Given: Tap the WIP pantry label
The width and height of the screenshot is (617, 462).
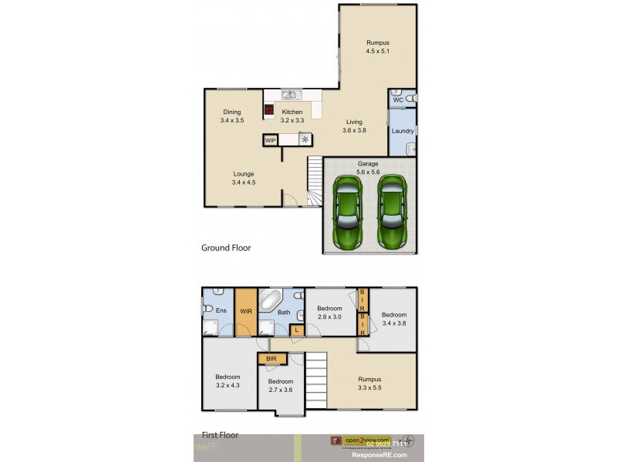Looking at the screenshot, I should click(x=271, y=141).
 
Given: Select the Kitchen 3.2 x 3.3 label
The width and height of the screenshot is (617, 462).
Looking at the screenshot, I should click(x=292, y=116).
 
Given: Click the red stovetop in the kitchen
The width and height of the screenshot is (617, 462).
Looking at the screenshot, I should click(x=269, y=110).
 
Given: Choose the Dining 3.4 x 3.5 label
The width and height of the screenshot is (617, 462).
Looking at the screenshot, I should click(x=232, y=116).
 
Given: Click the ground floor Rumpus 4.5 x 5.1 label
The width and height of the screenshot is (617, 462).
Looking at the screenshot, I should click(x=378, y=47).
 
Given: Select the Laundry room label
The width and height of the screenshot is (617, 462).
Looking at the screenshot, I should click(x=403, y=131).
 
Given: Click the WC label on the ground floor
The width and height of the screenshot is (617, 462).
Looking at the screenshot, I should click(x=398, y=100).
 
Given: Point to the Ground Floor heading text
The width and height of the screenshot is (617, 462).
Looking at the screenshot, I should click(x=226, y=248).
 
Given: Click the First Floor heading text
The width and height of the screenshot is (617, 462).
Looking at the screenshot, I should click(x=220, y=435).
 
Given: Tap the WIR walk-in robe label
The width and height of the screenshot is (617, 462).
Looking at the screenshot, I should click(x=246, y=312).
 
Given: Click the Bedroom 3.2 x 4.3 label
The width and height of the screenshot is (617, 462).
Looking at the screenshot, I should click(x=228, y=381).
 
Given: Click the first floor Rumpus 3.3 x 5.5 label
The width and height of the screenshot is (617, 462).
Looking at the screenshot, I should click(x=369, y=383).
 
